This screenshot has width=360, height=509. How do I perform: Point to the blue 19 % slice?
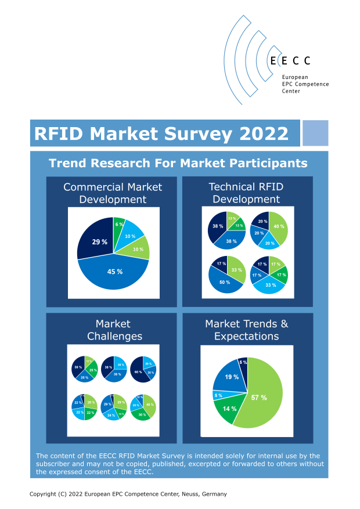pos(231,378)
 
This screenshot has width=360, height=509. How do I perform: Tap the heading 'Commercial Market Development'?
pos(113,193)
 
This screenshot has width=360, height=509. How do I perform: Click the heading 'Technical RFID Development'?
pos(246,193)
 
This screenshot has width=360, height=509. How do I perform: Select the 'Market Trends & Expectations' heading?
pos(246,330)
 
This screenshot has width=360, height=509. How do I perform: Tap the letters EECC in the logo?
pos(290,60)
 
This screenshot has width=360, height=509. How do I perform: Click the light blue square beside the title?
pos(315,133)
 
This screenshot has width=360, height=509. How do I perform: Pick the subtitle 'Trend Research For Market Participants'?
pos(178,163)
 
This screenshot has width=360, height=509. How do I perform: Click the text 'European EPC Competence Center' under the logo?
pos(305,84)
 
